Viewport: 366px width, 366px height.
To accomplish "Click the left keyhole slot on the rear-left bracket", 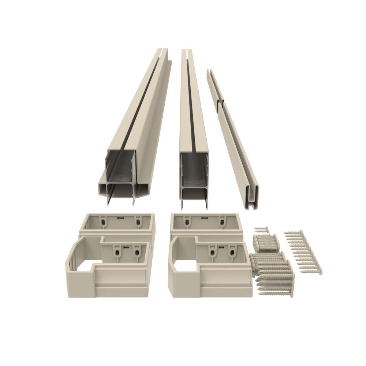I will [103, 222].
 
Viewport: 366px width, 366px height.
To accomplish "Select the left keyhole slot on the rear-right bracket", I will [187, 222].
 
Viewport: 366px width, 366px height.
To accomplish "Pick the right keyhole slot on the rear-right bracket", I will [221, 222].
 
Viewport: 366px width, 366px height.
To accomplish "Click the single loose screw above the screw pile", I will [261, 229].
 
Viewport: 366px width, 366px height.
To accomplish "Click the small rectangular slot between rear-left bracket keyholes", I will [120, 217].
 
